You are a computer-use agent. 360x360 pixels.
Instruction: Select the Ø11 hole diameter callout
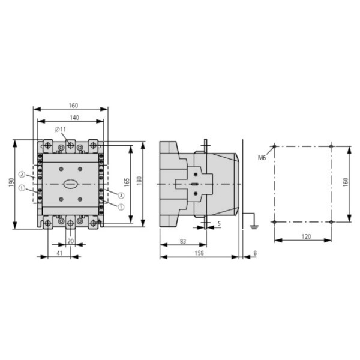pos(61,130)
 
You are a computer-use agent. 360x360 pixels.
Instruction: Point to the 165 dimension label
pos(127,182)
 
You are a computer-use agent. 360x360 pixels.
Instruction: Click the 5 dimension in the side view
pos(219,224)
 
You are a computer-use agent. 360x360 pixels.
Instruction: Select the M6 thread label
pos(262,158)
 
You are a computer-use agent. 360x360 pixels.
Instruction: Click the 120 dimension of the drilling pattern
pos(305,237)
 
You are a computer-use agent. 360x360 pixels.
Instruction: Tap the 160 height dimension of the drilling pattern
pos(345,182)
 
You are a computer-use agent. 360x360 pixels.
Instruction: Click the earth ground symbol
pos(253,227)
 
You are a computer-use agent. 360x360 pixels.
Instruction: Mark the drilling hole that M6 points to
pos(275,146)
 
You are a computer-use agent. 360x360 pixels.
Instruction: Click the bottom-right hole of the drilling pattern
pos(331,222)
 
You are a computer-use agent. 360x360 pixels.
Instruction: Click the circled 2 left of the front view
pos(21,175)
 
